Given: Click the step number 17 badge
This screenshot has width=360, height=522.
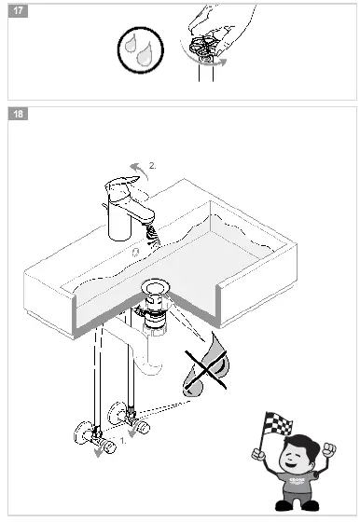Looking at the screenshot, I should pos(18,12).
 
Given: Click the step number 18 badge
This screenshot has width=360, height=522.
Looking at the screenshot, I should pos(18,114).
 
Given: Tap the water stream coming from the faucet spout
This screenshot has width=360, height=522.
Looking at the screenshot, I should pos(154,239).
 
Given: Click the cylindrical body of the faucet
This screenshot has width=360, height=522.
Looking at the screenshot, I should pos(121,220).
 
